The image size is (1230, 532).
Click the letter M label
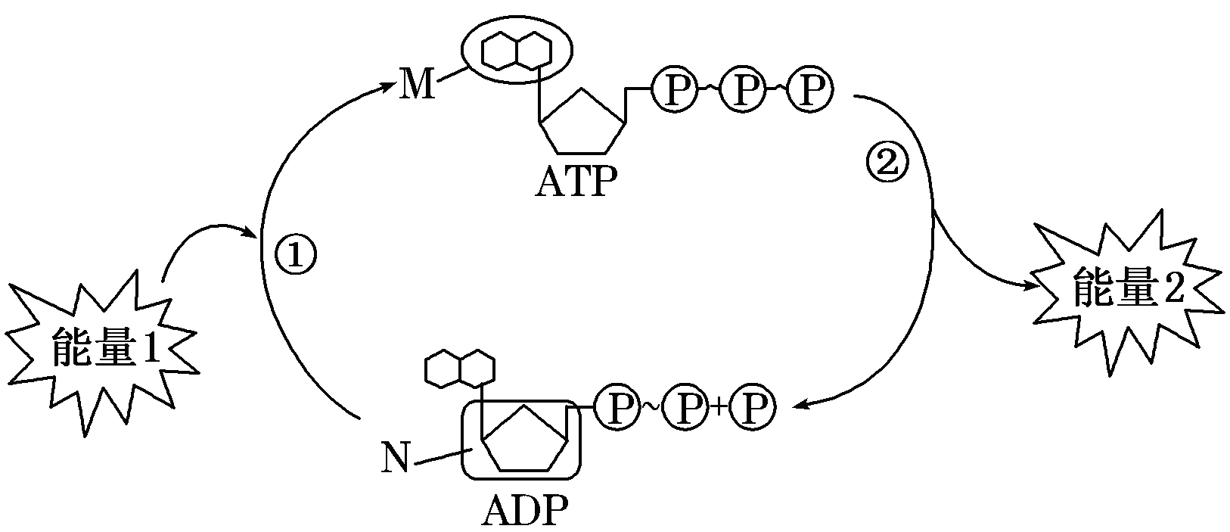(418, 85)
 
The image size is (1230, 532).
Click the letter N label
(395, 459)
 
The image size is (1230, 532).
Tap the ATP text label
(576, 182)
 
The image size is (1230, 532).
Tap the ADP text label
(524, 512)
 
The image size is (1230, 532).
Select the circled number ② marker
(885, 164)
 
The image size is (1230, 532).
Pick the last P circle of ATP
(809, 90)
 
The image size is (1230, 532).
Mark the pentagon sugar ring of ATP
(582, 122)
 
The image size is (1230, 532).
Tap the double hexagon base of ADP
(460, 369)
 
